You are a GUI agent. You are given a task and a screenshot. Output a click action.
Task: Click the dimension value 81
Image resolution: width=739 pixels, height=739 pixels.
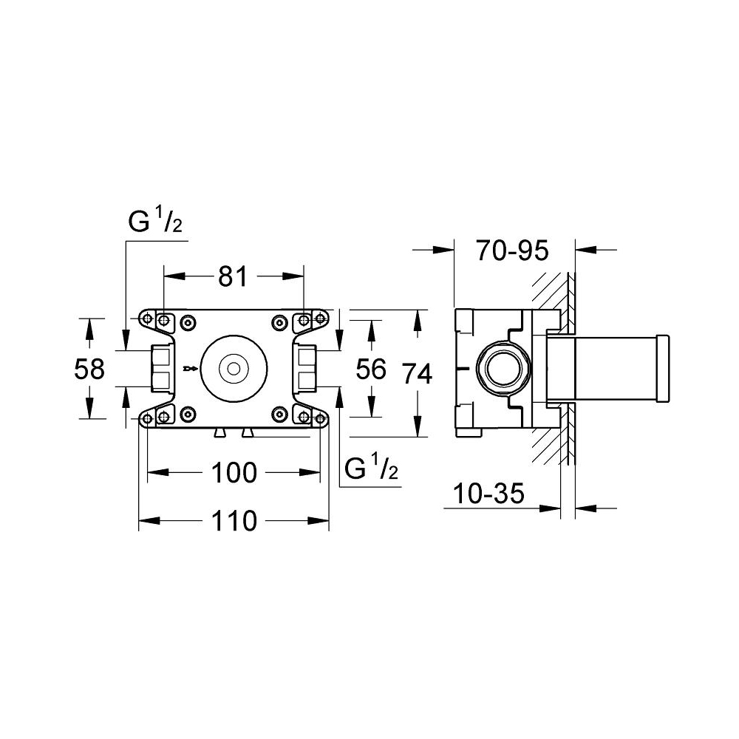[x=232, y=276]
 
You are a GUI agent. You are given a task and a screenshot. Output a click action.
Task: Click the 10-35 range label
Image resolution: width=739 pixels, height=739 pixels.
[x=488, y=493]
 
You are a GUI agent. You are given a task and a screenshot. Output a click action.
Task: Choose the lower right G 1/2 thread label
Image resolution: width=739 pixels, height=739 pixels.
[x=372, y=468]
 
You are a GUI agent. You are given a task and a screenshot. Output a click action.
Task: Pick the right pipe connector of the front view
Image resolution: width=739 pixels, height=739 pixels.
[x=307, y=368]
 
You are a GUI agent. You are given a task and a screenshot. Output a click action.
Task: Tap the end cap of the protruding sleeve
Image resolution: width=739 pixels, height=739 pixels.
[x=663, y=368]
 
